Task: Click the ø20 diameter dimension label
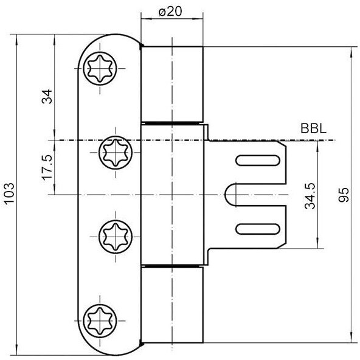click(x=170, y=11)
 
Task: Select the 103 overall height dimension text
click(x=10, y=193)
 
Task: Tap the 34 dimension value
click(x=47, y=97)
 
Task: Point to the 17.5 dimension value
click(x=47, y=167)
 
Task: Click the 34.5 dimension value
click(x=310, y=196)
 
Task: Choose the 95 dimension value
click(x=344, y=195)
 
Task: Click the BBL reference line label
click(x=314, y=129)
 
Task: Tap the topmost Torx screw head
click(x=100, y=69)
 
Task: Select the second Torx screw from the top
click(x=116, y=153)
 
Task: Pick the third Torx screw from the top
click(x=116, y=237)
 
